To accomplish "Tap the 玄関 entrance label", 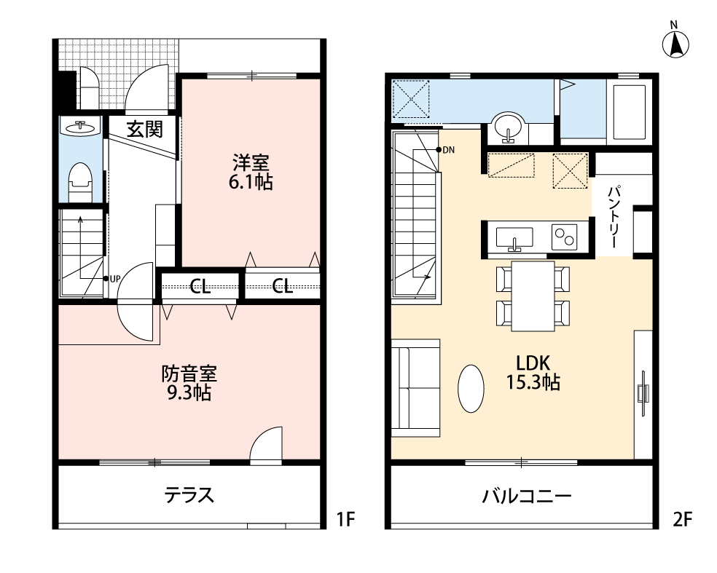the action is [x=144, y=130].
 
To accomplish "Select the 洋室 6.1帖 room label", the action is [x=251, y=173].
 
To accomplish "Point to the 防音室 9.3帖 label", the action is [x=189, y=383].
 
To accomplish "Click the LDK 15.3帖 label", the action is [x=533, y=372].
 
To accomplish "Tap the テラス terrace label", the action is [x=189, y=495].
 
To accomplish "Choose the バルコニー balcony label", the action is [x=527, y=496].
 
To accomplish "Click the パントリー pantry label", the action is [x=614, y=216].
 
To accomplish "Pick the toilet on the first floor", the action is [x=80, y=182].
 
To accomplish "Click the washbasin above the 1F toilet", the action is [x=81, y=126].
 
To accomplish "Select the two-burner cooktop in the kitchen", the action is [x=564, y=237].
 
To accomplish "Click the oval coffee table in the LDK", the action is [x=471, y=388].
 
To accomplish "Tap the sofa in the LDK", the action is [x=415, y=388].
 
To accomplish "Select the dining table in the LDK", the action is [x=533, y=296].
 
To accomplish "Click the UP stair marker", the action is [x=111, y=278].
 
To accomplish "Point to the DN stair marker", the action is [x=445, y=150].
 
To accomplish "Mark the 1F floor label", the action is [x=345, y=519].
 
